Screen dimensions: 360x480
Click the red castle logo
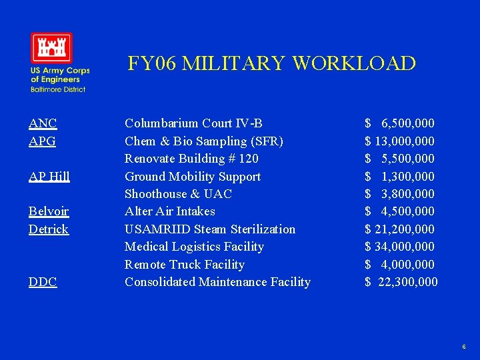point(51,48)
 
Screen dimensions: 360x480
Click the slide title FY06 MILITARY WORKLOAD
point(271,63)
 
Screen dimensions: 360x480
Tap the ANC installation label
point(43,123)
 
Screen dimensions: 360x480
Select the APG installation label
point(43,141)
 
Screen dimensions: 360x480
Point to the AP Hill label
point(49,176)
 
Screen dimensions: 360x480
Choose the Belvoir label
point(49,211)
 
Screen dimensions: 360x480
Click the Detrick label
point(49,229)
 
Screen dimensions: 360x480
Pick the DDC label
point(43,282)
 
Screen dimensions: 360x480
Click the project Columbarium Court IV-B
point(193,123)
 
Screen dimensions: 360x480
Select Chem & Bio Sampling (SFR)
point(204,141)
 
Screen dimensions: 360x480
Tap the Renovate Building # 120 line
point(191,159)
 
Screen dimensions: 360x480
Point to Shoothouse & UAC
point(178,194)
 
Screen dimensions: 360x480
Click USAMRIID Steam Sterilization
point(210,229)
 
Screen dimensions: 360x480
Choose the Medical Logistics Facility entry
point(194,247)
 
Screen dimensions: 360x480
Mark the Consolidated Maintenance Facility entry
point(217,282)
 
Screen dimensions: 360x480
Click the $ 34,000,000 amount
point(399,247)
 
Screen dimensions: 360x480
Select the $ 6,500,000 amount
point(399,123)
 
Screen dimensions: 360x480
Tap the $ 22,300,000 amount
point(401,282)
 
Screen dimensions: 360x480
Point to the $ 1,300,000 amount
point(399,176)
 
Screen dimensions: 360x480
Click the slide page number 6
point(463,347)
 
